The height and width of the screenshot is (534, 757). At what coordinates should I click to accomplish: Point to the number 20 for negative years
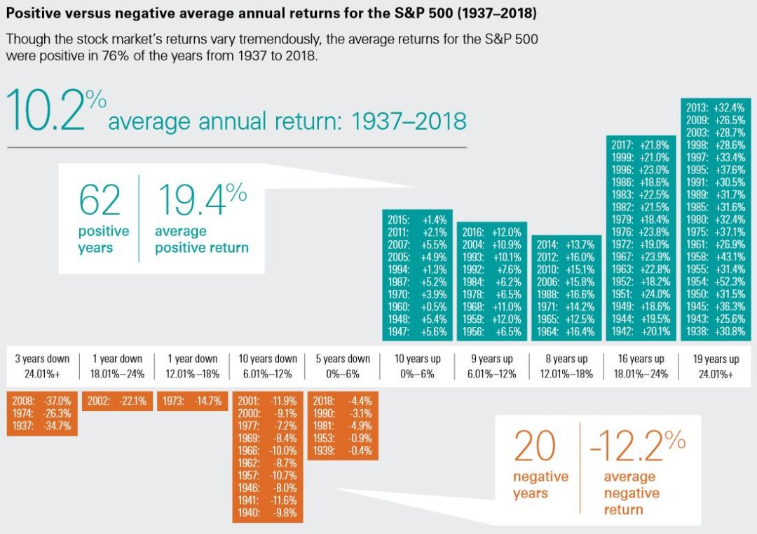point(535,447)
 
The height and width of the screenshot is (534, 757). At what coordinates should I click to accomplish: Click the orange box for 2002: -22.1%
point(117,401)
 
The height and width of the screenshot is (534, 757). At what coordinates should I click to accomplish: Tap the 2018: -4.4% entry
point(343,401)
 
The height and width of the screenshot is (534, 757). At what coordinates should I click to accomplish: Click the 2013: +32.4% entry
point(716,109)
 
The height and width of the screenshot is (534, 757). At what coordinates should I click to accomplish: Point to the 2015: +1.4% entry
point(418,220)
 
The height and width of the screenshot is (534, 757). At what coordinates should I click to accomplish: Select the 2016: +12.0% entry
point(492,232)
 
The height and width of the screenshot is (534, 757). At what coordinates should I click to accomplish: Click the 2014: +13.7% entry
point(566,245)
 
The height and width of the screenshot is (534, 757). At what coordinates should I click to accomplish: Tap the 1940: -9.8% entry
point(268,513)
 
